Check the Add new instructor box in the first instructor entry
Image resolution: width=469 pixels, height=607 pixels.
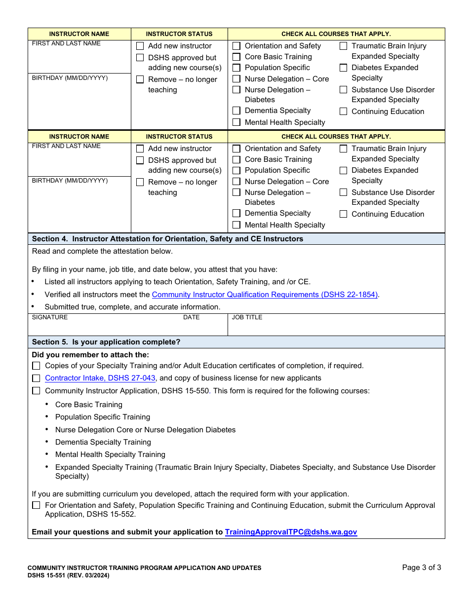pyautogui.click(x=140, y=46)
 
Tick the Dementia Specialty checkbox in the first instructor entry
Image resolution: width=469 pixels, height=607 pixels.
pyautogui.click(x=236, y=111)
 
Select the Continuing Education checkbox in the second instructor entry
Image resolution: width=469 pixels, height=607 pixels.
pyautogui.click(x=343, y=214)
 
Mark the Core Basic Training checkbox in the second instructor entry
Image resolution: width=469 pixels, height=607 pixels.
pyautogui.click(x=236, y=159)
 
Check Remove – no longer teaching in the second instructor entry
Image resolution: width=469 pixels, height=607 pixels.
pyautogui.click(x=140, y=182)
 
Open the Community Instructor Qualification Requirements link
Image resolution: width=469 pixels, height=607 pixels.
pyautogui.click(x=265, y=295)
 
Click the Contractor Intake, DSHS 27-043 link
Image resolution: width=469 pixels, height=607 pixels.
pyautogui.click(x=100, y=378)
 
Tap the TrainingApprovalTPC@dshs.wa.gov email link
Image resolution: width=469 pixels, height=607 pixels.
pyautogui.click(x=291, y=532)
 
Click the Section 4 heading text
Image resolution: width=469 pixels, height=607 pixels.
pyautogui.click(x=167, y=239)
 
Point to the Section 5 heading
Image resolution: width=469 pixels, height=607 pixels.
pyautogui.click(x=106, y=342)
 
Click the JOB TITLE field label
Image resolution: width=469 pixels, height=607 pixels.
pyautogui.click(x=247, y=317)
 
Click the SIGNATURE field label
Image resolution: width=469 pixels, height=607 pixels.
pyautogui.click(x=50, y=317)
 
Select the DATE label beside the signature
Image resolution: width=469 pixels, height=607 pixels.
pyautogui.click(x=191, y=317)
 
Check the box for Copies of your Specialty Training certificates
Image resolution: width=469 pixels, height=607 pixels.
pyautogui.click(x=36, y=366)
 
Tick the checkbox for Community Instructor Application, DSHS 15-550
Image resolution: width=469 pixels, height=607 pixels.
pyautogui.click(x=36, y=391)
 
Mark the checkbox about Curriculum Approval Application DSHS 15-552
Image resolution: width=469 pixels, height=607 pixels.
pyautogui.click(x=36, y=505)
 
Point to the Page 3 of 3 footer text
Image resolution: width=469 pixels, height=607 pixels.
pyautogui.click(x=422, y=568)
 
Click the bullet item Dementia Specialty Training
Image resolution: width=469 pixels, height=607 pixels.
pyautogui.click(x=103, y=442)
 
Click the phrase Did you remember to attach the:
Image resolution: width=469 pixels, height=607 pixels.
pyautogui.click(x=90, y=355)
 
